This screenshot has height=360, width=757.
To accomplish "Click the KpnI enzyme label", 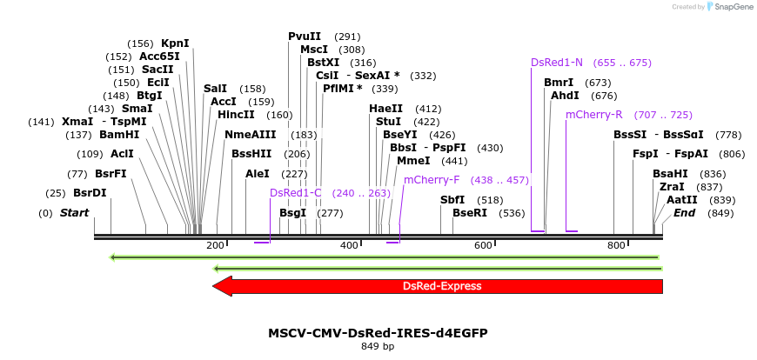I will tap(175, 43).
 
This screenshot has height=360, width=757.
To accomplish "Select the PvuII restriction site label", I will tap(305, 37).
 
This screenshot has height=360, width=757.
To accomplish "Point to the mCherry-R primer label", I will tap(594, 115).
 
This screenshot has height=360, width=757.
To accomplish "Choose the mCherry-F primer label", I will tap(432, 180).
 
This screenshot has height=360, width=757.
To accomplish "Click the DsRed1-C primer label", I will tap(296, 193).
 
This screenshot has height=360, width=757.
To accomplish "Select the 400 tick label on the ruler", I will tap(349, 246).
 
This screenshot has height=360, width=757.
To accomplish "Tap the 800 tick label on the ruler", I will tap(616, 246).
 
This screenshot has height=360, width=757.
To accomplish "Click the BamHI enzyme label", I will tap(119, 135).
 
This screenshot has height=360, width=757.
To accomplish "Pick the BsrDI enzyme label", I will tap(90, 193).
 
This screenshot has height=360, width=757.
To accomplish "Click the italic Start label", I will tap(74, 213).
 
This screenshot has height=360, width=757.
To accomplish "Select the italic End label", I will tap(685, 213).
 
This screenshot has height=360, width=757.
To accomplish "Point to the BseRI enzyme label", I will tap(470, 213).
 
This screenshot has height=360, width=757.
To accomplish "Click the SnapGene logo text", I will tap(731, 7).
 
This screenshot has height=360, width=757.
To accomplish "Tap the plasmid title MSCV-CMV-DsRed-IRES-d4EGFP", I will tap(378, 333).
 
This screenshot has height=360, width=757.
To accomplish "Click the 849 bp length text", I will tap(378, 347).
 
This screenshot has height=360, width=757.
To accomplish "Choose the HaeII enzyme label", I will tap(385, 109).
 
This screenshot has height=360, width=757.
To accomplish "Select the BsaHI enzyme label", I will tap(670, 174).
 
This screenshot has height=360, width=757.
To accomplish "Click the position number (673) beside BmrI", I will tap(598, 83).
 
